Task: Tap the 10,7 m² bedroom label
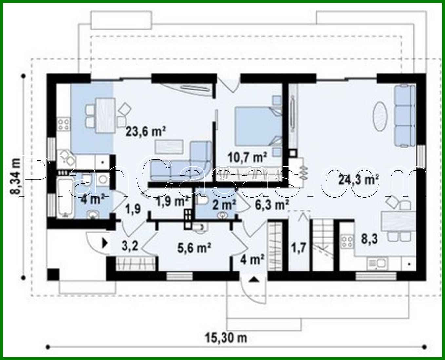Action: point(247,157)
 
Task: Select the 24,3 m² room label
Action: point(358,179)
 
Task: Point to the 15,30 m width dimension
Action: point(226,337)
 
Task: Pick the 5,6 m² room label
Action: point(194,248)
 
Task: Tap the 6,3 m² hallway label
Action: point(272,204)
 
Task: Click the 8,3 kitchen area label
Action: point(369,238)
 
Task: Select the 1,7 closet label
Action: point(299,248)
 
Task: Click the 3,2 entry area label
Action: point(130,245)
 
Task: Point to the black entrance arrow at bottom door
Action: point(254,279)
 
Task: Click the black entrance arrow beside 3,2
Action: point(105,243)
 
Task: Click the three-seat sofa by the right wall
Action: point(405,115)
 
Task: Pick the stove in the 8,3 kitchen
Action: point(347,242)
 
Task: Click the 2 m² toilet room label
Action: point(224,205)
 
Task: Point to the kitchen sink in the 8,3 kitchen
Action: point(377,263)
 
